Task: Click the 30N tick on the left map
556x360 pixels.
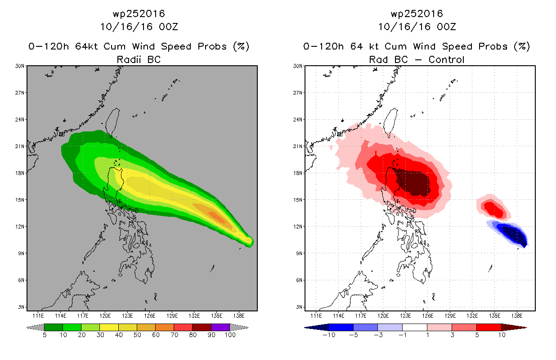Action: coord(20,66)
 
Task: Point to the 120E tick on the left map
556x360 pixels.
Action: coord(105,316)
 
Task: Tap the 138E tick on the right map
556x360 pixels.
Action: coord(517,316)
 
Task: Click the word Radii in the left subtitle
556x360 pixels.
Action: coord(129,59)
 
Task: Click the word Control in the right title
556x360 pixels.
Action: coord(446,59)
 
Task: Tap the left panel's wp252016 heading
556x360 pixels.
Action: coord(139,13)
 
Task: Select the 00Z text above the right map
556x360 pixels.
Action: coord(446,27)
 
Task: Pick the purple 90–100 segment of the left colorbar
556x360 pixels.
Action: coord(220,327)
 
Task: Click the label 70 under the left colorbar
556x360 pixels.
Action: coord(175,335)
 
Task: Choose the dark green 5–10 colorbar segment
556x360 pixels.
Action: coord(54,327)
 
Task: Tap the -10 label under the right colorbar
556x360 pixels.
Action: coord(329,335)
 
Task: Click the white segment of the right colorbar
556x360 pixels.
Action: coord(415,327)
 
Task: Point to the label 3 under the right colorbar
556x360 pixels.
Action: coord(452,335)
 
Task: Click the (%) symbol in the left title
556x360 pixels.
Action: coord(241,46)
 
